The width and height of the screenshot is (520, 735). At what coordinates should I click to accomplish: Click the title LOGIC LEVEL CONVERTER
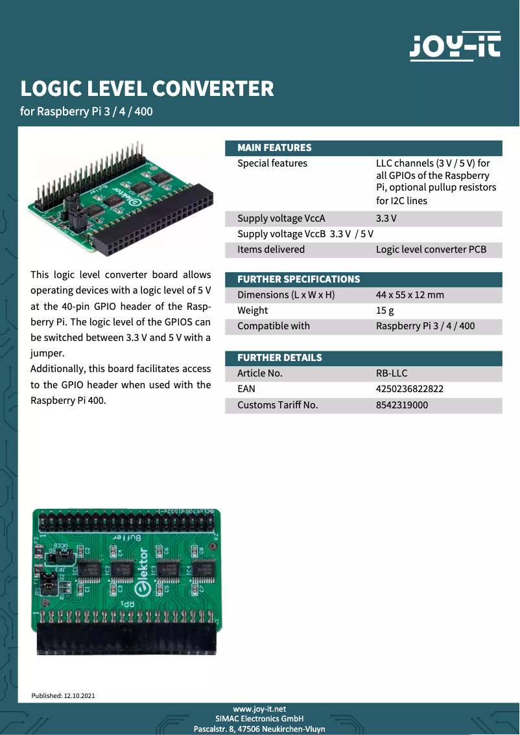coord(147,89)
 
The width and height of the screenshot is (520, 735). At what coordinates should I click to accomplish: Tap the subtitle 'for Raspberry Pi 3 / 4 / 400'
coord(86,111)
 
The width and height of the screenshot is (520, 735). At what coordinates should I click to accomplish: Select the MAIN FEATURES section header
coord(274,148)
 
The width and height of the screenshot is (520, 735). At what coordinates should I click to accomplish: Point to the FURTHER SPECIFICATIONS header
coord(298,279)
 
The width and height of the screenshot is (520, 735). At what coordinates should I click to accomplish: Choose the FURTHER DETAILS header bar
coord(279,358)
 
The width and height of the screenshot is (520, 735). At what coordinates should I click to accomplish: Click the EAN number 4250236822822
coord(409,389)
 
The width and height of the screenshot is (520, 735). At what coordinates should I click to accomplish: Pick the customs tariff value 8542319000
coord(401,405)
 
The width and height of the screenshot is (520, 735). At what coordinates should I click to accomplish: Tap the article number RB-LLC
coord(392,373)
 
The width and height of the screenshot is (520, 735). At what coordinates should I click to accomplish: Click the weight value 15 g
coord(385,310)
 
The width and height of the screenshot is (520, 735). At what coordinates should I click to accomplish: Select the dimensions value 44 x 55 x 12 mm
coord(410,295)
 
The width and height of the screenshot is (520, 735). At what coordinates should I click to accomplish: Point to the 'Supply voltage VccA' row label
coord(281,218)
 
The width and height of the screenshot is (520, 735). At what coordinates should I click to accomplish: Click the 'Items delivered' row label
coord(270,250)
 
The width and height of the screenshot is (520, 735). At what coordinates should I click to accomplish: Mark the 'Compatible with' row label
coord(273,326)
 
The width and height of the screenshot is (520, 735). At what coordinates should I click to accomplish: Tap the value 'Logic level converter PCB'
coord(431,250)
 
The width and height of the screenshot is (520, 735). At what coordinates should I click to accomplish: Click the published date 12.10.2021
coord(79,695)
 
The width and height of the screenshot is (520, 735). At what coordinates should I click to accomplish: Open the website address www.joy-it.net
coord(259,710)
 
